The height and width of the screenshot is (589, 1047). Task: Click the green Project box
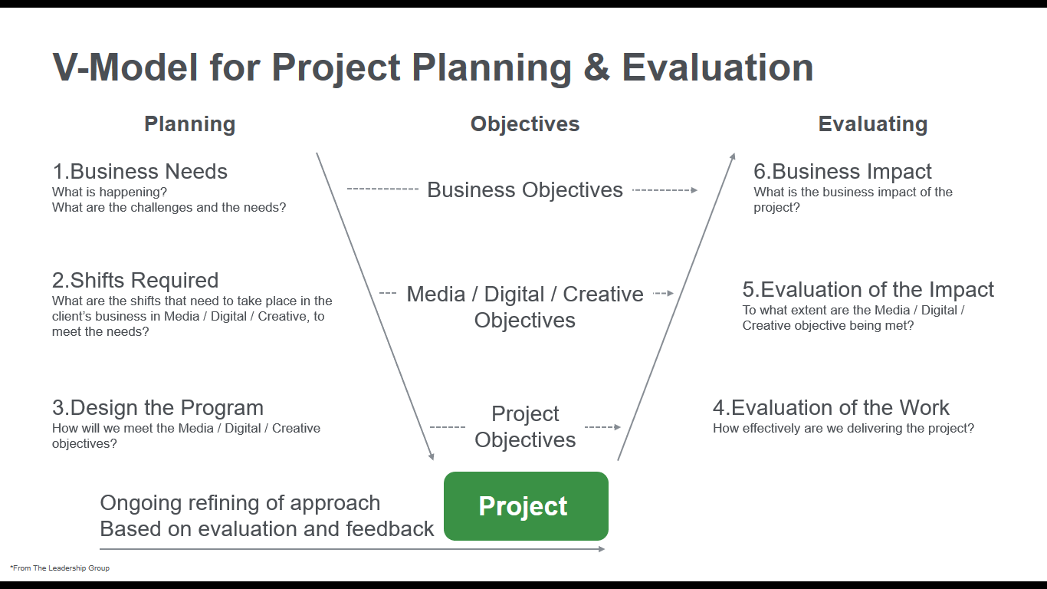[x=526, y=505]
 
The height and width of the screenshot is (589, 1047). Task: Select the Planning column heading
[x=190, y=124]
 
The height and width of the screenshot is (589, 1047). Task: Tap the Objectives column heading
[x=525, y=124]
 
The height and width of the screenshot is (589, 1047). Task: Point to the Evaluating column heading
[x=873, y=124]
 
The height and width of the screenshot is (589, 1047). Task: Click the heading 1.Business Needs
[x=139, y=171]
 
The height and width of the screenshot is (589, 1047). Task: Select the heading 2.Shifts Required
[x=135, y=280]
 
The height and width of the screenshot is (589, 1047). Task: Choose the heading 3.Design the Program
[x=158, y=407]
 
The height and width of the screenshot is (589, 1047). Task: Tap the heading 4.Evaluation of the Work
[x=831, y=407]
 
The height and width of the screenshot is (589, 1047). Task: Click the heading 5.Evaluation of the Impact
[x=868, y=289]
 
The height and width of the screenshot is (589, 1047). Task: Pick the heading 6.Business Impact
[x=842, y=171]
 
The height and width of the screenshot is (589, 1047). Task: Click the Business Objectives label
[x=525, y=190]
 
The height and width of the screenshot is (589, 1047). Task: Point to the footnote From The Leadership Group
[x=60, y=568]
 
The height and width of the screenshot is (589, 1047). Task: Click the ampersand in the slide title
[x=597, y=67]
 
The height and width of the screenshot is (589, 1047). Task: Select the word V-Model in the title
[x=125, y=67]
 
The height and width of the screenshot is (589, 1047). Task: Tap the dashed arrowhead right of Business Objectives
[x=694, y=190]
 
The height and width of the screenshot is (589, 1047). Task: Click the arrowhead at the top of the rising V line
[x=733, y=156]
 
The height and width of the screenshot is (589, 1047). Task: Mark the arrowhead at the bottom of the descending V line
[x=432, y=457]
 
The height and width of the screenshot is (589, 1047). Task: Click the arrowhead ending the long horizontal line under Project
[x=602, y=549]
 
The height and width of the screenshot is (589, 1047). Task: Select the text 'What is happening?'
[x=110, y=192]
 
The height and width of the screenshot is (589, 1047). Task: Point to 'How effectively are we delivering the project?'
[x=843, y=428]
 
